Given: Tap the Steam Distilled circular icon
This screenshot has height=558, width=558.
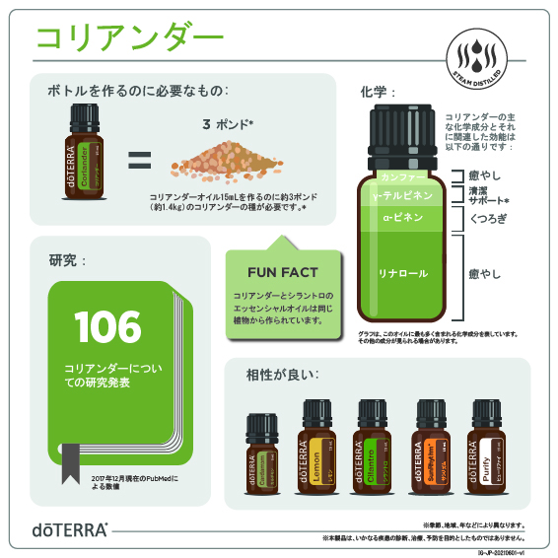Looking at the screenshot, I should pyautogui.click(x=476, y=58).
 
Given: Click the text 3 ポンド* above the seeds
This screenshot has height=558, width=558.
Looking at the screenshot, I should pyautogui.click(x=228, y=124).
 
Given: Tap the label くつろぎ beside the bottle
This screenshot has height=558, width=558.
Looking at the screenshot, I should pyautogui.click(x=489, y=219).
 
